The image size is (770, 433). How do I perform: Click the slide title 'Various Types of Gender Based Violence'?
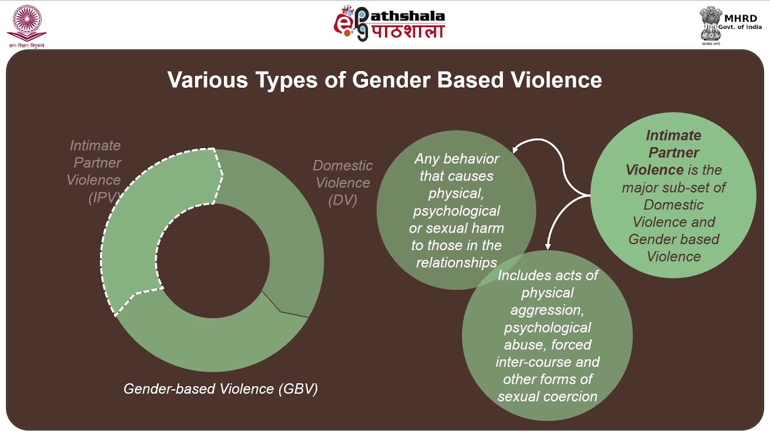(x=384, y=80)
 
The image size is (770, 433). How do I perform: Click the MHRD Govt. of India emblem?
(x=709, y=23)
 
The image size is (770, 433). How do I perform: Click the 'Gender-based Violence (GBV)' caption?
(x=220, y=388)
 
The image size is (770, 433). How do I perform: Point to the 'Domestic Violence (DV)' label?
(x=343, y=182)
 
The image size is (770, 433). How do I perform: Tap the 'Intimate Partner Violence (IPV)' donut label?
(x=94, y=171)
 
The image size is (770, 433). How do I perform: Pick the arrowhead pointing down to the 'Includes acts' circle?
(x=547, y=245)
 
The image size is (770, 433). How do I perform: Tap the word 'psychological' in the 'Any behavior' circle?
(x=456, y=211)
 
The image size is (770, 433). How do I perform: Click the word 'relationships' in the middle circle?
(x=457, y=263)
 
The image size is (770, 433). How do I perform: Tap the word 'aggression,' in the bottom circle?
(x=547, y=310)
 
